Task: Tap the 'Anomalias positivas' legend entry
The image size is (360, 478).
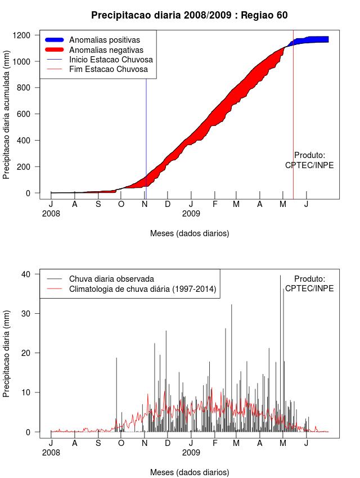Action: [x=104, y=40]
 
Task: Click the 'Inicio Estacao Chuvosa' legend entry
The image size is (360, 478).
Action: [x=110, y=60]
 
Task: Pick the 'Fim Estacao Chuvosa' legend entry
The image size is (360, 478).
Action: [x=108, y=69]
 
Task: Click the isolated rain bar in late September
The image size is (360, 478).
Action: [x=116, y=394]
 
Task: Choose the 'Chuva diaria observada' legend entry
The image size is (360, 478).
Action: [x=111, y=279]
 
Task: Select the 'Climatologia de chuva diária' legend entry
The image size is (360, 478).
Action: [x=142, y=289]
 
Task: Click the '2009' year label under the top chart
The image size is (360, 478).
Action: [x=191, y=214]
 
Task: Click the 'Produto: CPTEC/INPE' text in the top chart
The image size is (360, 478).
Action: [x=309, y=160]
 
